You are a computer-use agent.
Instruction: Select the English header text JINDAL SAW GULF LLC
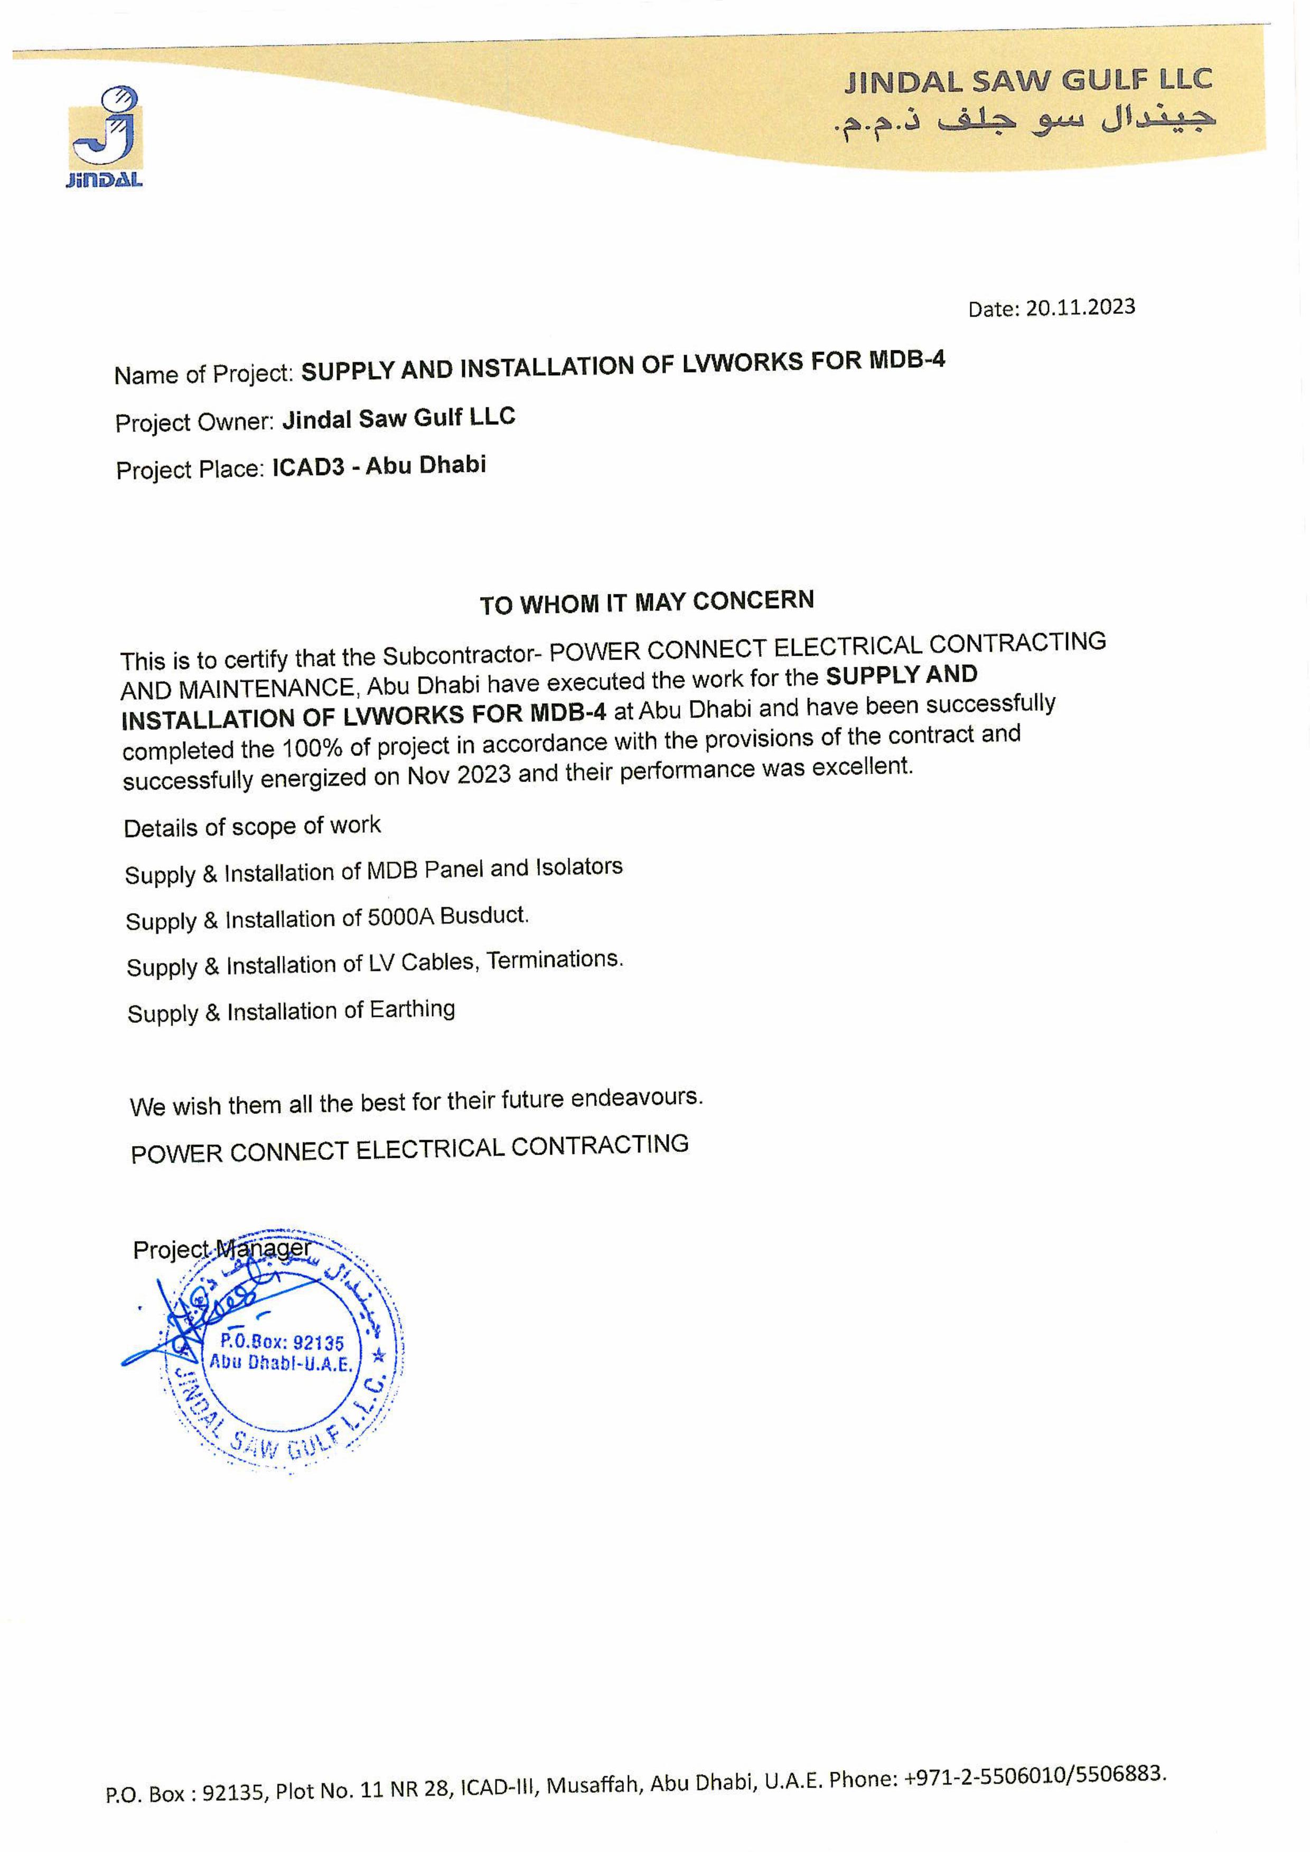pos(1028,80)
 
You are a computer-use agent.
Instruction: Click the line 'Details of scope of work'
pos(251,826)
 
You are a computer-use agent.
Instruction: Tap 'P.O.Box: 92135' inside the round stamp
pos(282,1343)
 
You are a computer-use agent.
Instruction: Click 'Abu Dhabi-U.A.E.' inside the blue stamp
pos(280,1364)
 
